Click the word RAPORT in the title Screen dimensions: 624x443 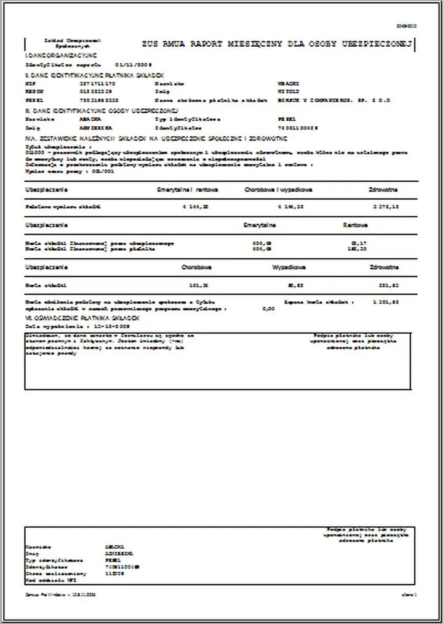[205, 44]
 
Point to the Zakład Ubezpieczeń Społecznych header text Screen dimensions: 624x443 [63, 43]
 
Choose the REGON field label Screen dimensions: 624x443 [32, 91]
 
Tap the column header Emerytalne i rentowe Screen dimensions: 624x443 [188, 190]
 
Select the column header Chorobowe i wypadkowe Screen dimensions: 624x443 [278, 190]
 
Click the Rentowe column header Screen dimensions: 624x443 [356, 225]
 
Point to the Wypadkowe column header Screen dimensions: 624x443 [289, 268]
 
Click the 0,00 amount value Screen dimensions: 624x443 [268, 309]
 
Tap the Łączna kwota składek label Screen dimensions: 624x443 [319, 302]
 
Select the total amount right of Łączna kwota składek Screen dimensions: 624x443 [386, 302]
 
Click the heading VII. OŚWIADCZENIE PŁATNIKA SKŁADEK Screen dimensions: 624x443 [82, 317]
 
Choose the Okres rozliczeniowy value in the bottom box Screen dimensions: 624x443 [115, 573]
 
